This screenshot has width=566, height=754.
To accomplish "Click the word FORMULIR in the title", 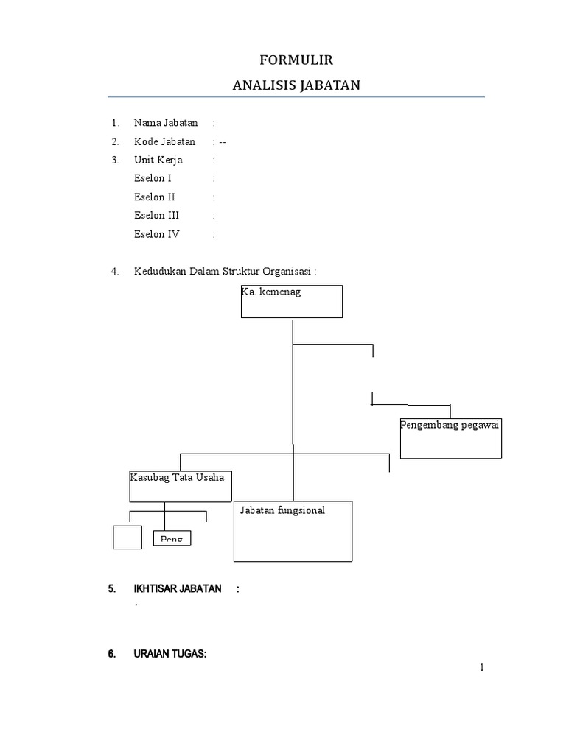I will click(296, 60).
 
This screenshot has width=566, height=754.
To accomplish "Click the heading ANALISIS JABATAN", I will click(296, 85).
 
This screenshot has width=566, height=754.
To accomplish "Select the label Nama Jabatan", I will click(166, 123).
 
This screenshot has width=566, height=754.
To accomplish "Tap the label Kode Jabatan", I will click(165, 141).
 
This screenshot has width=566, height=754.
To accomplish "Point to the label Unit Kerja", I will click(158, 160).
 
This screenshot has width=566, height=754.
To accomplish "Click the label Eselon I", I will click(153, 178).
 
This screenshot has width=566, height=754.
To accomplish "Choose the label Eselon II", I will click(155, 197).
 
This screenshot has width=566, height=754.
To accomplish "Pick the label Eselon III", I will click(157, 216).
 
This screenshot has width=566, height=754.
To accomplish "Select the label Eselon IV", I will click(157, 234).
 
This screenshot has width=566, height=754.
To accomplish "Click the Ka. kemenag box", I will click(292, 302).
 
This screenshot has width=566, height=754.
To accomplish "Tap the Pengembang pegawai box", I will click(450, 438).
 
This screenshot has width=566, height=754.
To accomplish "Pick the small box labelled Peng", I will click(172, 539).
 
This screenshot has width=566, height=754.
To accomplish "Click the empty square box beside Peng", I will click(127, 538).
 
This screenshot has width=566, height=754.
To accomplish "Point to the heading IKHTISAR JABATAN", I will click(178, 589).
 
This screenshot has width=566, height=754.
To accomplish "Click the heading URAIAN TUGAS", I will click(170, 654).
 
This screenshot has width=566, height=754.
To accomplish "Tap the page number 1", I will click(482, 668).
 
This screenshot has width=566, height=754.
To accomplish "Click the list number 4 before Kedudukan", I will click(115, 271).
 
